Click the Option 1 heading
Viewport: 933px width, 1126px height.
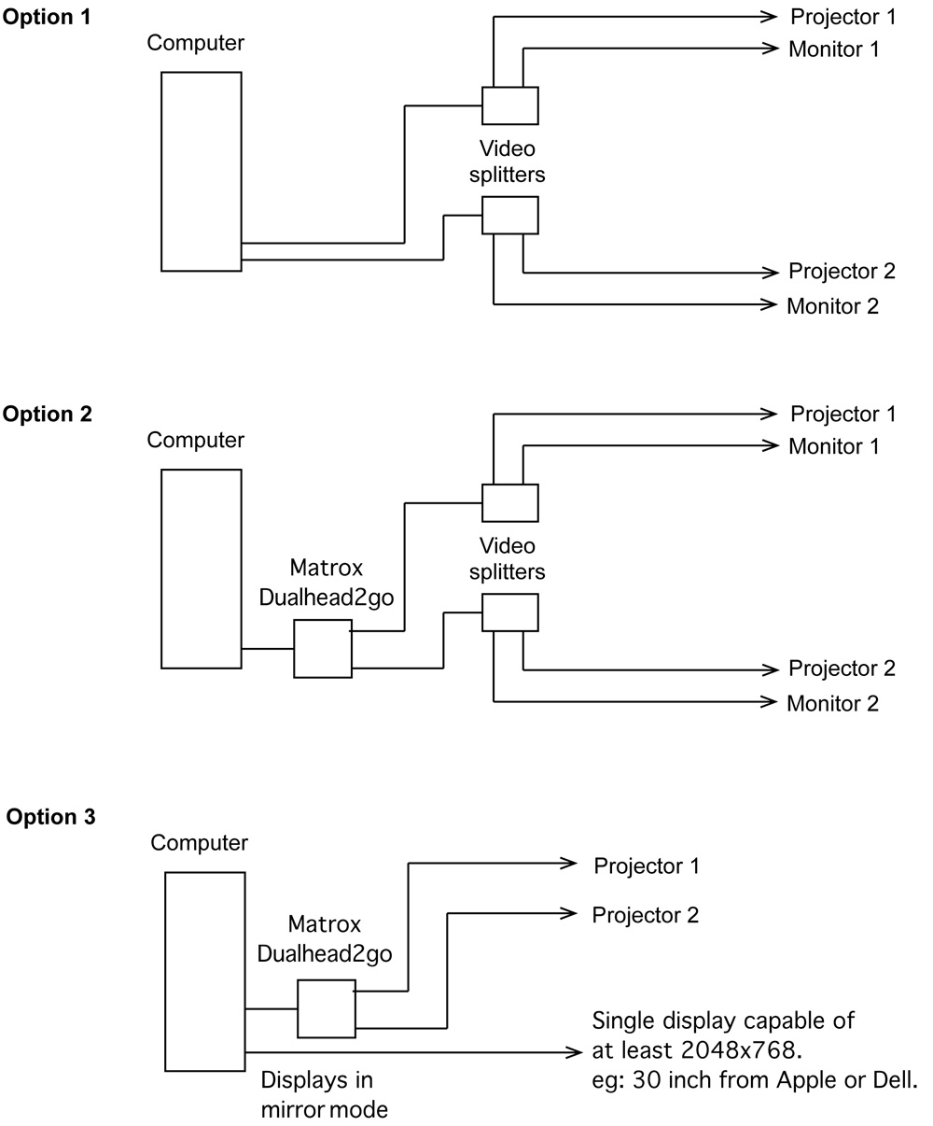tap(48, 17)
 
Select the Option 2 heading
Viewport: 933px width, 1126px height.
tap(48, 415)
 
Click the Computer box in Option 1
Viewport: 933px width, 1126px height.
tap(201, 172)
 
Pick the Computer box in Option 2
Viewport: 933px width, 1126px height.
tap(201, 569)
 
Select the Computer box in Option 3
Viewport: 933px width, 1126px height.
tap(204, 971)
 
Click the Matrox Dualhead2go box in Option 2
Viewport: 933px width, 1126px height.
tap(323, 648)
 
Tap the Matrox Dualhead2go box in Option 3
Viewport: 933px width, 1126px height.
tap(327, 1008)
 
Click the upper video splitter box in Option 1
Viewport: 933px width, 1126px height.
tap(509, 106)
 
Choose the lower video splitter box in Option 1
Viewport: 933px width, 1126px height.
tap(509, 215)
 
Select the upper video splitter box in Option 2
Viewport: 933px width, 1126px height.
tap(509, 502)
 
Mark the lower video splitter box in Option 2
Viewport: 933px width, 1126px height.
tap(509, 612)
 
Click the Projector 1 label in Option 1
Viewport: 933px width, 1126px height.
tap(842, 17)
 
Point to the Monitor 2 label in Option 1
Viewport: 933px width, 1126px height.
tap(832, 305)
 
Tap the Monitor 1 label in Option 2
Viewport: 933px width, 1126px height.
tap(833, 446)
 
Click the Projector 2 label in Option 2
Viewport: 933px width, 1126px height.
tap(842, 669)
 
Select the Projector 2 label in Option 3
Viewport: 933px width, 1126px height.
tap(645, 914)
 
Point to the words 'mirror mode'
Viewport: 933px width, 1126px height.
tap(324, 1110)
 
